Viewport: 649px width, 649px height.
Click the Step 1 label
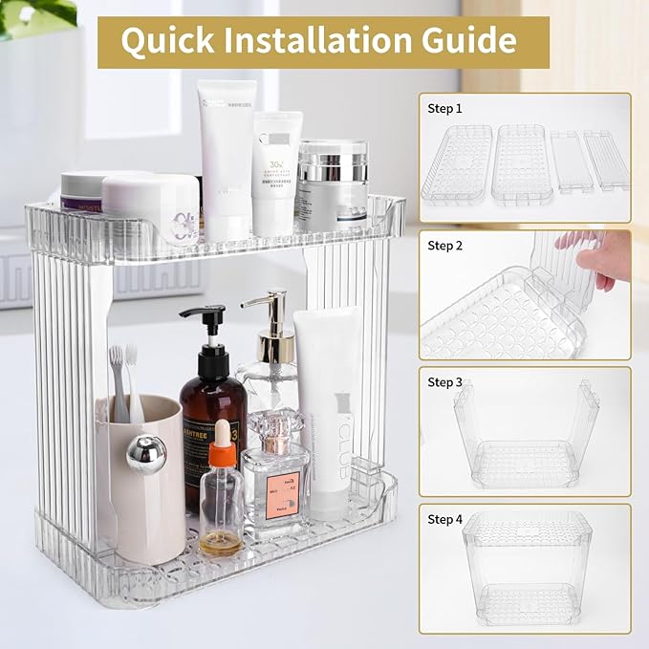coord(444,109)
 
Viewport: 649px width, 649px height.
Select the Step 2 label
coord(444,246)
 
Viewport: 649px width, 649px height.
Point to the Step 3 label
coord(444,382)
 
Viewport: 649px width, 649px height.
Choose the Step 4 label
coord(444,519)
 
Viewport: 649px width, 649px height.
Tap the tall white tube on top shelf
coord(226,158)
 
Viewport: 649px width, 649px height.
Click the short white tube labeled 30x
coord(276,172)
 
